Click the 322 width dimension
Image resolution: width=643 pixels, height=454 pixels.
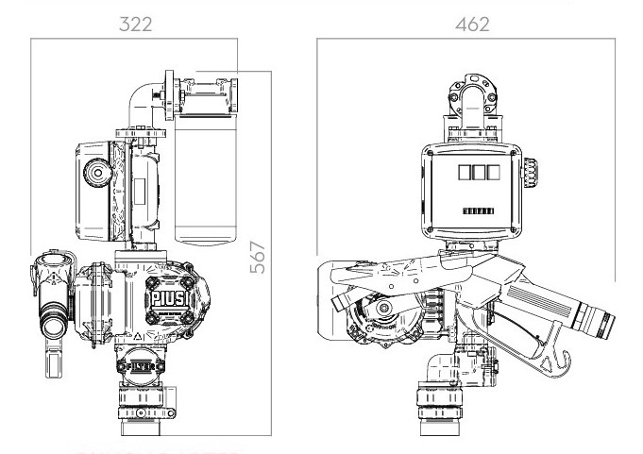(134, 25)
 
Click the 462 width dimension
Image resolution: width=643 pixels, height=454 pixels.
(471, 25)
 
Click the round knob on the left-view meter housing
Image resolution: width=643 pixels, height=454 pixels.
(96, 173)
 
